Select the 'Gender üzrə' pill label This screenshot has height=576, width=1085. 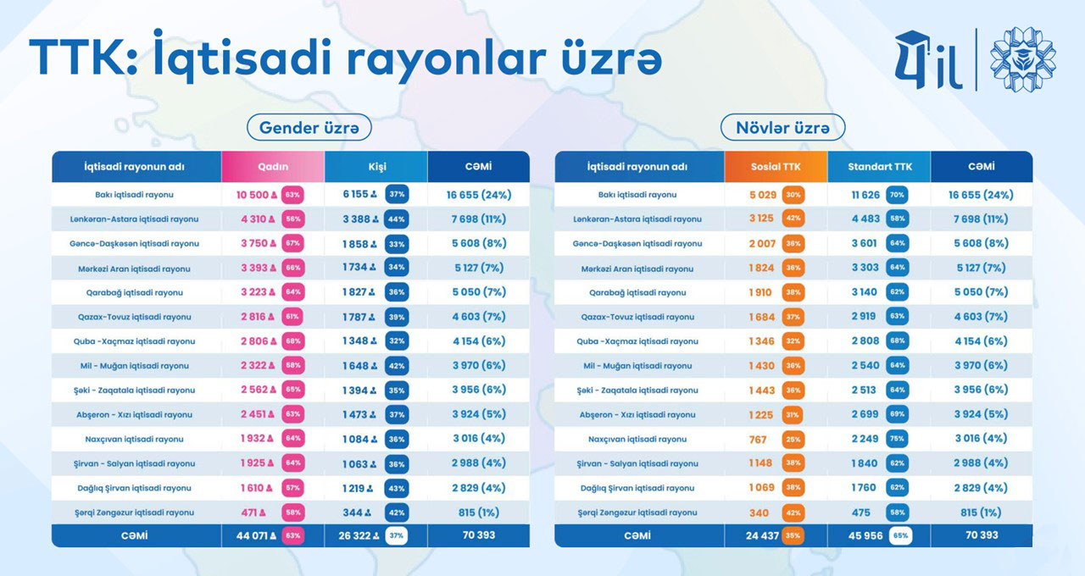pos(309,128)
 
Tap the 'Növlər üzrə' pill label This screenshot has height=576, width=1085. pos(782,128)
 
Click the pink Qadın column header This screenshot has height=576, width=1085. pos(272,167)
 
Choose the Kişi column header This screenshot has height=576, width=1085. pos(375,167)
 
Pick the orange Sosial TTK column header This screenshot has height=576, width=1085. pos(776,167)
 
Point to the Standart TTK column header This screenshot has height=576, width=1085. pos(879,167)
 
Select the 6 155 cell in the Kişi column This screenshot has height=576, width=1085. pos(356,195)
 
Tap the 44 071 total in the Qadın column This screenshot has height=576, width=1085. pos(252,535)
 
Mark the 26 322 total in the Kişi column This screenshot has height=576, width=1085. pos(355,535)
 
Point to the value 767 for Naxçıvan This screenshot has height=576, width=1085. pos(758,440)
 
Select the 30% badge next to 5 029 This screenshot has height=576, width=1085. pos(793,195)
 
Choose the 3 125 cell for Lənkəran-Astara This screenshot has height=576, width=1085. pos(761,219)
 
